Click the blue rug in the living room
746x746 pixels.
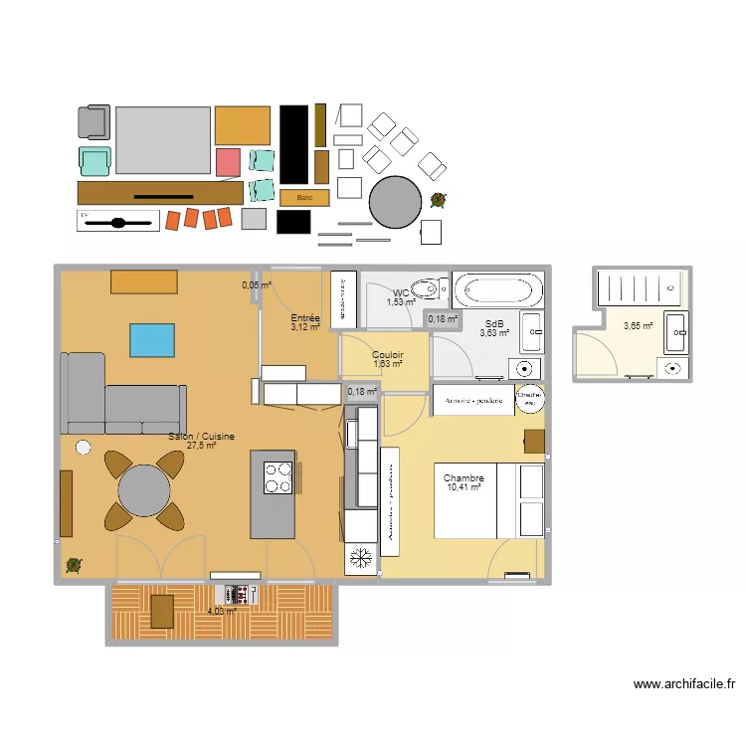click(152, 340)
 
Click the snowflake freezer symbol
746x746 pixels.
click(359, 558)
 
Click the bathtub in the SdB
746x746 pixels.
click(499, 291)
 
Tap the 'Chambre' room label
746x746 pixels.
click(464, 478)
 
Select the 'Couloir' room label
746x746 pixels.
click(387, 355)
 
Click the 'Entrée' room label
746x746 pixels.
click(304, 317)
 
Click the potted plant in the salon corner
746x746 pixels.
click(74, 566)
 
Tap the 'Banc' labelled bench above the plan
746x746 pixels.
click(304, 198)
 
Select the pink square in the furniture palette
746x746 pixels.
click(229, 162)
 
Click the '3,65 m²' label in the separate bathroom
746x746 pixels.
click(638, 325)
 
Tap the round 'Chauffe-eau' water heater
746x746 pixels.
click(530, 397)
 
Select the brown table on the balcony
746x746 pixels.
click(162, 611)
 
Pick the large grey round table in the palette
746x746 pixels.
click(395, 202)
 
